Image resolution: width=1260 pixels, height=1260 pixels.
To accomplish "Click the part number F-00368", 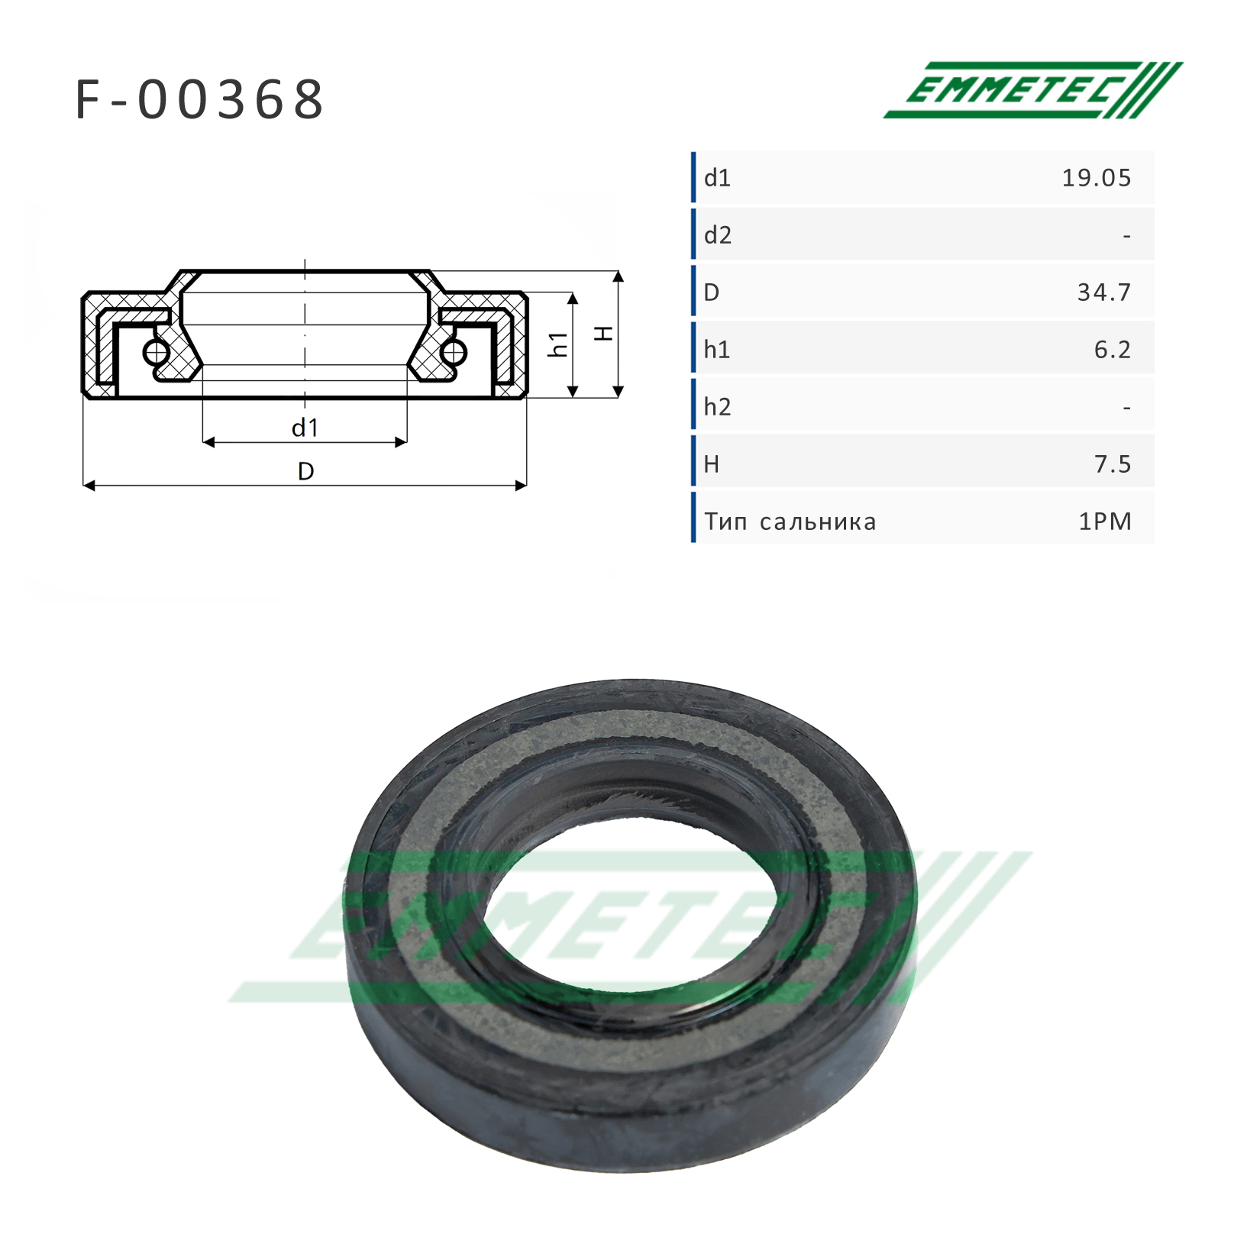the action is coord(200,99).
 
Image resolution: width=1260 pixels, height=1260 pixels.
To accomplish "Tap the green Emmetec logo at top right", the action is coord(1032,89).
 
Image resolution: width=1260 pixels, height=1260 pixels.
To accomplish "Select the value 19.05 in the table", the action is coord(1097,178).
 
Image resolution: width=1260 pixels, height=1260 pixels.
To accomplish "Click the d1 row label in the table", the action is coord(718,178).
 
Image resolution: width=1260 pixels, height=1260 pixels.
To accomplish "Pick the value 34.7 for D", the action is coord(1104,292).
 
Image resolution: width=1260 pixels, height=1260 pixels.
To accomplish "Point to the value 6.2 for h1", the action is coord(1113,350).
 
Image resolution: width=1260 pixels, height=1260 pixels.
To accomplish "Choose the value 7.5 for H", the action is coord(1113,464).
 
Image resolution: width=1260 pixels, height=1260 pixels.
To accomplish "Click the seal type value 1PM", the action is coord(1105,522).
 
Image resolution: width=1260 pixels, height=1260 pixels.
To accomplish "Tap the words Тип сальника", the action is coord(790,522).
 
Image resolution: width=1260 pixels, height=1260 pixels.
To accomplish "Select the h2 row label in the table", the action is coord(718,406).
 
